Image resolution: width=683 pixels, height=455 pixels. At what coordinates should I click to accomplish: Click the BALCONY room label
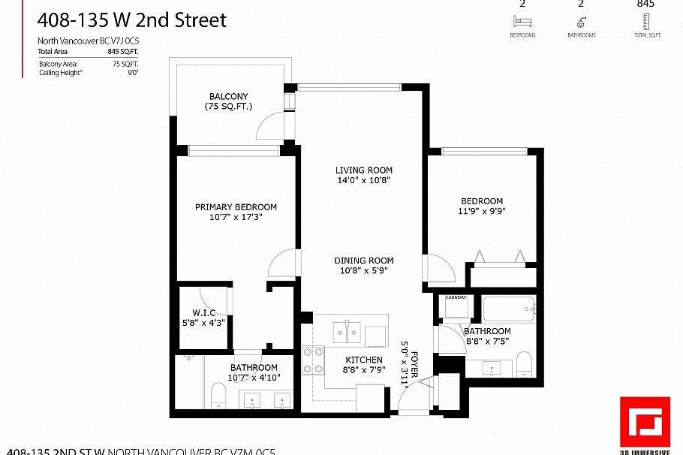pos(229,97)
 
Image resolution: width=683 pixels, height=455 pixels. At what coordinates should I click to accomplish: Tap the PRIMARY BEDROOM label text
pos(236,207)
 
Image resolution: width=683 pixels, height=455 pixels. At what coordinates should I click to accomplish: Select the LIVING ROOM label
pos(363,170)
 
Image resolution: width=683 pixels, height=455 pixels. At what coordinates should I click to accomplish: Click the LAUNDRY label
pos(456,298)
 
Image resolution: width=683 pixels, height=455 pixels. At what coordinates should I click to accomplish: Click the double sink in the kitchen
pos(347,330)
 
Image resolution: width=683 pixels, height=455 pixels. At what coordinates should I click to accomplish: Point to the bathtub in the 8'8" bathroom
pos(509,308)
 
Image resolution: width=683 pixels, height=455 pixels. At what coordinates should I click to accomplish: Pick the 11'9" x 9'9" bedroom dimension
pos(481,212)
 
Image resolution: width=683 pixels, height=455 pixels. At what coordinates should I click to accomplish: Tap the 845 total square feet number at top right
pos(645,4)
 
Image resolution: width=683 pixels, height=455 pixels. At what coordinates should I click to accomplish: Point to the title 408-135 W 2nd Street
pos(131,20)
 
